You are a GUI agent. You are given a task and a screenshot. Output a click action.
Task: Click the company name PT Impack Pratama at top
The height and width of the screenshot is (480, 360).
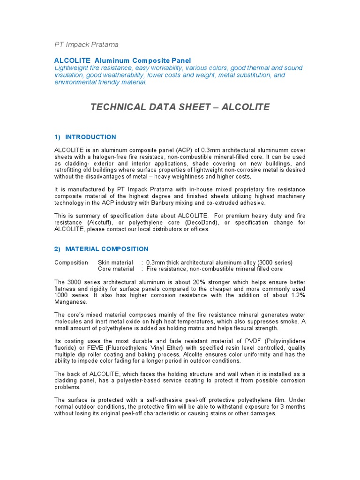click(x=86, y=45)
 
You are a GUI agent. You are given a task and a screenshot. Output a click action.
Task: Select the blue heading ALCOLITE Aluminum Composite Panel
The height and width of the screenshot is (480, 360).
click(x=123, y=60)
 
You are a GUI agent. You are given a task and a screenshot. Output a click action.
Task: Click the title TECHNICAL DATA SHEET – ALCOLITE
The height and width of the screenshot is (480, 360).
click(x=180, y=107)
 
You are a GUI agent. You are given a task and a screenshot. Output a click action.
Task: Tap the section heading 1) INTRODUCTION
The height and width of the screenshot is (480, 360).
click(x=85, y=137)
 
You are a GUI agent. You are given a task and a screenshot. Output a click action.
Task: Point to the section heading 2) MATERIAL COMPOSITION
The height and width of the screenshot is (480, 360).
click(x=101, y=249)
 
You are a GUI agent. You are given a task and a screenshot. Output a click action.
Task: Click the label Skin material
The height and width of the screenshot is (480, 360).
click(x=116, y=262)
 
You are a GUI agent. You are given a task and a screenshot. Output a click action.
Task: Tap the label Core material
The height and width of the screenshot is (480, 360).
click(x=116, y=269)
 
